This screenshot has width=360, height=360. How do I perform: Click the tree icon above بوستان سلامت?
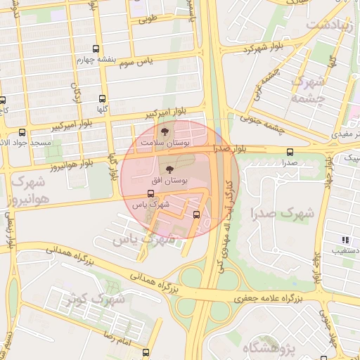point(165,131)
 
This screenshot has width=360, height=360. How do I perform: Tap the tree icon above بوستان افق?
point(169,169)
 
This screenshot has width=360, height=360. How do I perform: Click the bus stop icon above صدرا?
point(290,152)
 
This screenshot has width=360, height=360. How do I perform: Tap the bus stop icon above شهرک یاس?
point(150,194)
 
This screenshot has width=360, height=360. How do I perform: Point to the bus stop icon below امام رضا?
point(146,353)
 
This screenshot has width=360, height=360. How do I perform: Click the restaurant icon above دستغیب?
point(345,239)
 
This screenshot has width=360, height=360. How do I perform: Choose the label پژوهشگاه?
point(271,347)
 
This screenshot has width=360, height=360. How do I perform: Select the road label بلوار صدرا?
point(231,149)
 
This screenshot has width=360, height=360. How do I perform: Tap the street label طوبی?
point(149,18)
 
